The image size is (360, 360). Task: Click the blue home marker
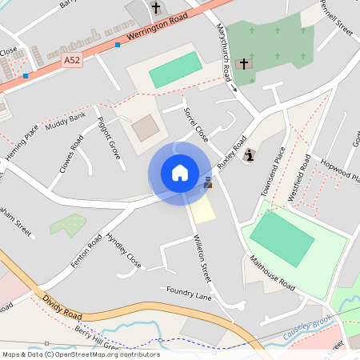coord(180,172)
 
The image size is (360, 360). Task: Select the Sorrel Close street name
coord(195,124)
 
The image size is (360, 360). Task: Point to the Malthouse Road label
coord(272,274)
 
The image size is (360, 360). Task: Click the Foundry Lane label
coord(190,295)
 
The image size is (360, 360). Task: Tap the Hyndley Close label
coord(124,251)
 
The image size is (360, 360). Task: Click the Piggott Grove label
coord(108,138)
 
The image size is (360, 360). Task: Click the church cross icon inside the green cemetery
coord(243,62)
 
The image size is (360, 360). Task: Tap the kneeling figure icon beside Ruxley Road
coord(249,155)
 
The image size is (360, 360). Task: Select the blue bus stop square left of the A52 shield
coord(26,76)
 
